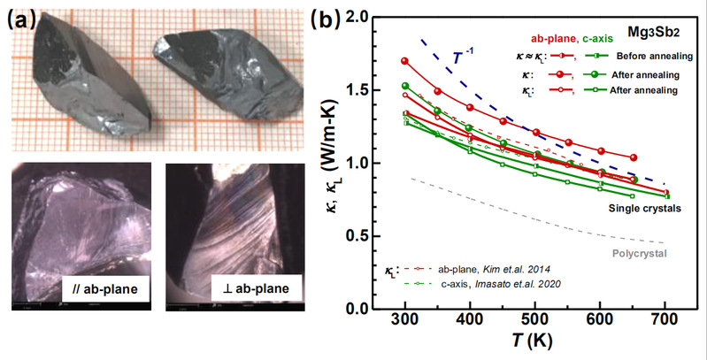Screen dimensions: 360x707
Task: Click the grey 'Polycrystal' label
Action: click(x=638, y=254)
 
